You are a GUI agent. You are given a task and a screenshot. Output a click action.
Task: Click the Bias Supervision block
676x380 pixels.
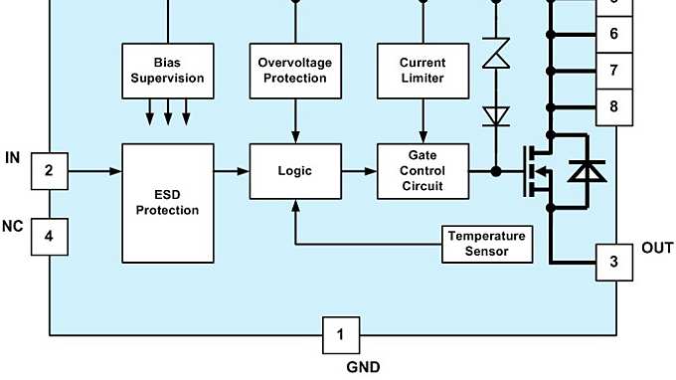pos(167,71)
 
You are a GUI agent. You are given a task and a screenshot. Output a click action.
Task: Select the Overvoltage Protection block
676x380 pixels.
pos(294,71)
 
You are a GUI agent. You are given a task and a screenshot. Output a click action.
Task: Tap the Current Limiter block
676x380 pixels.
pos(423,71)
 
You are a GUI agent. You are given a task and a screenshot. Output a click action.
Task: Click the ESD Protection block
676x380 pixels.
pos(167,203)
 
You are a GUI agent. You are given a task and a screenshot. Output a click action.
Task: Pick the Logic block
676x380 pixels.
pos(294,171)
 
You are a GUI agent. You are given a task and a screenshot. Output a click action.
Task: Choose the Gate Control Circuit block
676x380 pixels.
pos(423,171)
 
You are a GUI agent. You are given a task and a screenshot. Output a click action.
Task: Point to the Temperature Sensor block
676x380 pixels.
pos(487,244)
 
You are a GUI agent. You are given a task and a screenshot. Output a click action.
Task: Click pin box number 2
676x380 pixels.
pos(50,171)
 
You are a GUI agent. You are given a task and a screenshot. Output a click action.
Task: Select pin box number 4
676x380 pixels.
pos(50,237)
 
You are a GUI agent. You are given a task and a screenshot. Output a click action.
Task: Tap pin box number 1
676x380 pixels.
pos(340,335)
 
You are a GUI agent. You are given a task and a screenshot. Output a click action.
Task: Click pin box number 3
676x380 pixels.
pos(613,263)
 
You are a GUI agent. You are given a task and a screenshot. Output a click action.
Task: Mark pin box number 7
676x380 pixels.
pos(613,71)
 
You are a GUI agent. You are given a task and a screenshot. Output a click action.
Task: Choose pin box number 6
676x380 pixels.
pos(613,34)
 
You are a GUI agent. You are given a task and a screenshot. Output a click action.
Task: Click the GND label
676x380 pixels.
pos(362,367)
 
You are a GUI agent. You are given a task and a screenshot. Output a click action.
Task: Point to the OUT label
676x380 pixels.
pos(657,248)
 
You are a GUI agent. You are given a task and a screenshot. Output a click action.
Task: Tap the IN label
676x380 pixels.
pos(14,158)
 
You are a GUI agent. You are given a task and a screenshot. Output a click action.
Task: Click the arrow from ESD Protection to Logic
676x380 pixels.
pos(231,171)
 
